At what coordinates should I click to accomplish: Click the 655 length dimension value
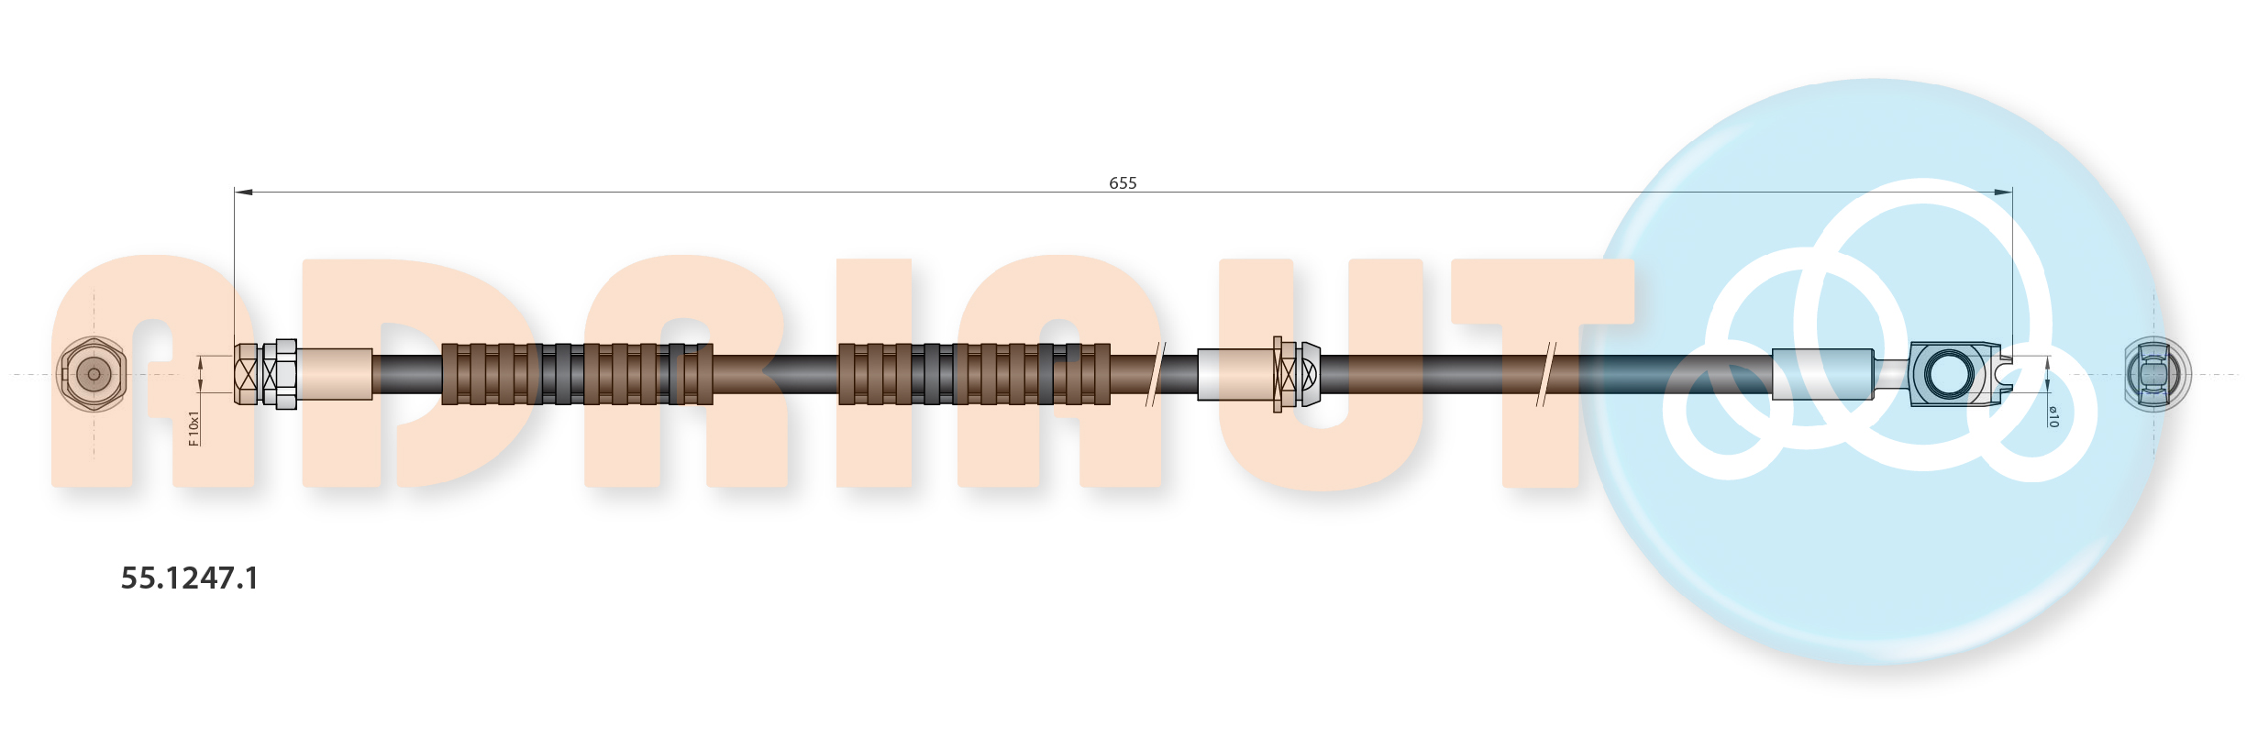click(x=1123, y=183)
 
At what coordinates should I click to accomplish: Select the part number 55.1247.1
click(x=190, y=578)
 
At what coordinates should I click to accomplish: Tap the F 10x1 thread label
click(x=194, y=428)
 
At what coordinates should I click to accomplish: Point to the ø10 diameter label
click(x=2053, y=416)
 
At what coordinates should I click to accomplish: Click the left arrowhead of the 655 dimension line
click(x=243, y=193)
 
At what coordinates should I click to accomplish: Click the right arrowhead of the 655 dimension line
click(x=2004, y=193)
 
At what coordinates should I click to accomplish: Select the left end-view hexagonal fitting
click(x=92, y=374)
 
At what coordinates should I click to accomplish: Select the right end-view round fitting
click(x=2157, y=374)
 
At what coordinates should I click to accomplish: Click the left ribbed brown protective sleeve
click(x=577, y=374)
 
